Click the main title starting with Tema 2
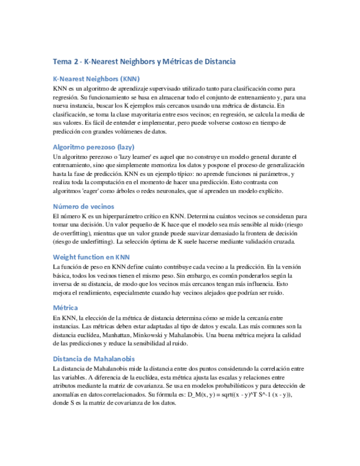(144, 62)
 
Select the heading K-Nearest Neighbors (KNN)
(96, 79)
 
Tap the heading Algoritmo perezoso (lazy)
(93, 147)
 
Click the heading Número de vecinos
(84, 207)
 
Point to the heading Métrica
(65, 307)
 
